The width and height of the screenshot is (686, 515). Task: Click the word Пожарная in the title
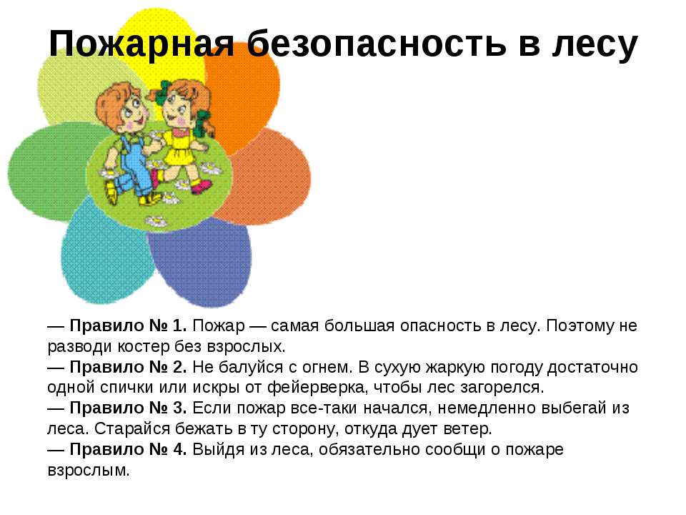coord(141,44)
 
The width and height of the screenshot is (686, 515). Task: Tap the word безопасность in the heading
coord(377,43)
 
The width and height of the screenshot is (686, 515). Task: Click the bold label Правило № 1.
coord(128,326)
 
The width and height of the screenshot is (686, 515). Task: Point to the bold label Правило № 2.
coord(128,367)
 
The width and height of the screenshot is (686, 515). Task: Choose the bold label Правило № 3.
coord(128,408)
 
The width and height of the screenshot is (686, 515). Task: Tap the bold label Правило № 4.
coord(128,449)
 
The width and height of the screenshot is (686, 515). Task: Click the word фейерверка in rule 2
coord(315,388)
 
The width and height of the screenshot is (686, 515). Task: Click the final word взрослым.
coord(89,471)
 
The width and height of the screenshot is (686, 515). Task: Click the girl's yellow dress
coord(180,149)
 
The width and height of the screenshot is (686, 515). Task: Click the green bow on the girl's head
coord(164,91)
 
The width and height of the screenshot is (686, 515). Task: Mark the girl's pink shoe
coord(202,187)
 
